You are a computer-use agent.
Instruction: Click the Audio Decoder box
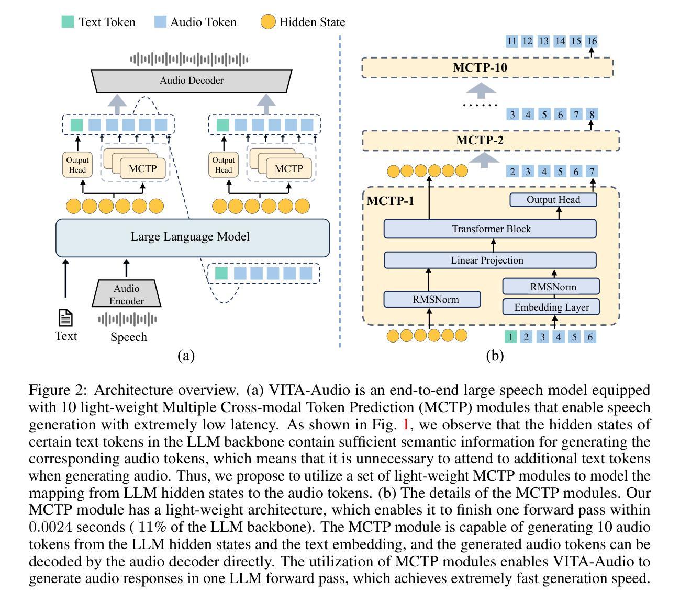click(192, 81)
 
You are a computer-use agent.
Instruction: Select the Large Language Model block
click(193, 237)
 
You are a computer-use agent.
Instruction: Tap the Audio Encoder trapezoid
click(127, 294)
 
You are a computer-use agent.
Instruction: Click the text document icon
click(65, 317)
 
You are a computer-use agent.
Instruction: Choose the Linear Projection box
click(490, 260)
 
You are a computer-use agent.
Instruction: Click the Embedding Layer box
click(551, 307)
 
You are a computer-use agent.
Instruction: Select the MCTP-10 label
click(480, 67)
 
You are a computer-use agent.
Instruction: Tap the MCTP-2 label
click(480, 140)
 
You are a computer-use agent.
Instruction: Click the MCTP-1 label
click(390, 201)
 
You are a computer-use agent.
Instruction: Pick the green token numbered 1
click(510, 337)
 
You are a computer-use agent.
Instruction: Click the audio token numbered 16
click(592, 41)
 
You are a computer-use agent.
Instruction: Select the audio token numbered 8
click(592, 114)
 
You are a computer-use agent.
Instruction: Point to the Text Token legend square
click(68, 22)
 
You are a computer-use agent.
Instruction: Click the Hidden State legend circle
click(268, 22)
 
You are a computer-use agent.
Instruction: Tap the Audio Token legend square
click(160, 22)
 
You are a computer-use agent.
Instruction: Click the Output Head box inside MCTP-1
click(553, 200)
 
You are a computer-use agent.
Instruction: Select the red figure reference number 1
click(406, 424)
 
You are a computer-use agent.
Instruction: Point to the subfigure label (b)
click(494, 356)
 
